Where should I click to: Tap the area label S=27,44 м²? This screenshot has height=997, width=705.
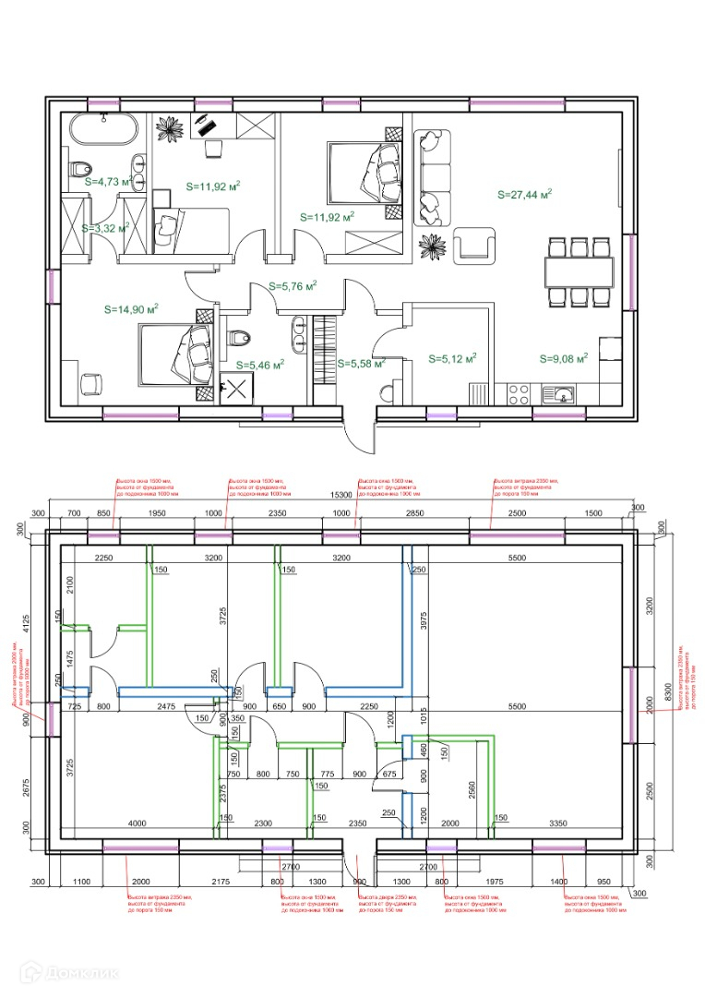[523, 195]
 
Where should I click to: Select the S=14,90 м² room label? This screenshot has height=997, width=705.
[130, 309]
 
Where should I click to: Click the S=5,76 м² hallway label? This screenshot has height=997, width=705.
[293, 286]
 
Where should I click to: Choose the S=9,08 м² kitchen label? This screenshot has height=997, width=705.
[563, 359]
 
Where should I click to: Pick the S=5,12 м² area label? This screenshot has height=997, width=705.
[452, 359]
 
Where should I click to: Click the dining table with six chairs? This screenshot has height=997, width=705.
[578, 272]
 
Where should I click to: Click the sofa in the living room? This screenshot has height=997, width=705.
[430, 177]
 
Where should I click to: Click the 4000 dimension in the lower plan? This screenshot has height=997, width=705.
[137, 823]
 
